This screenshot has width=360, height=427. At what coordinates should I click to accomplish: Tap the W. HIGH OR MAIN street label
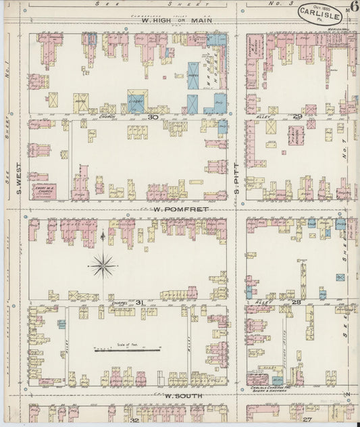tap(177, 20)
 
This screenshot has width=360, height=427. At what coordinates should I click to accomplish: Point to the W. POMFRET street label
tap(174, 209)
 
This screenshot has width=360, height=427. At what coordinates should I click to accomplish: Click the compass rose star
tap(103, 265)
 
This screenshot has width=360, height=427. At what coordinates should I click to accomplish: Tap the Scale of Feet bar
tap(127, 350)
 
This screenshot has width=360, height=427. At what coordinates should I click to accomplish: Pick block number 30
tap(153, 117)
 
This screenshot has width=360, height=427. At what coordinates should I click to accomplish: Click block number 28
tap(296, 302)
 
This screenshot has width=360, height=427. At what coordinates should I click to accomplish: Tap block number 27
tap(307, 420)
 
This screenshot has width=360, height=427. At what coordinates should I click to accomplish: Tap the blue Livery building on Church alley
tap(136, 102)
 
